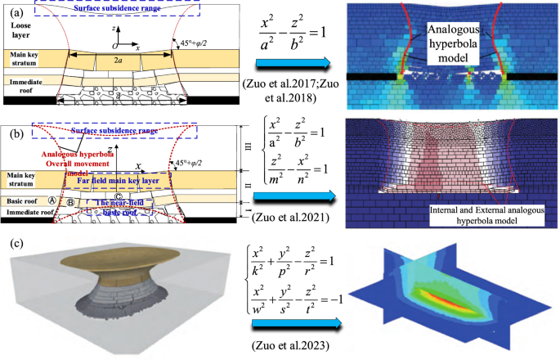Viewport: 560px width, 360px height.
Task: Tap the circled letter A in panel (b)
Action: (53, 199)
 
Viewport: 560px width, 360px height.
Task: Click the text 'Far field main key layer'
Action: (112, 184)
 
